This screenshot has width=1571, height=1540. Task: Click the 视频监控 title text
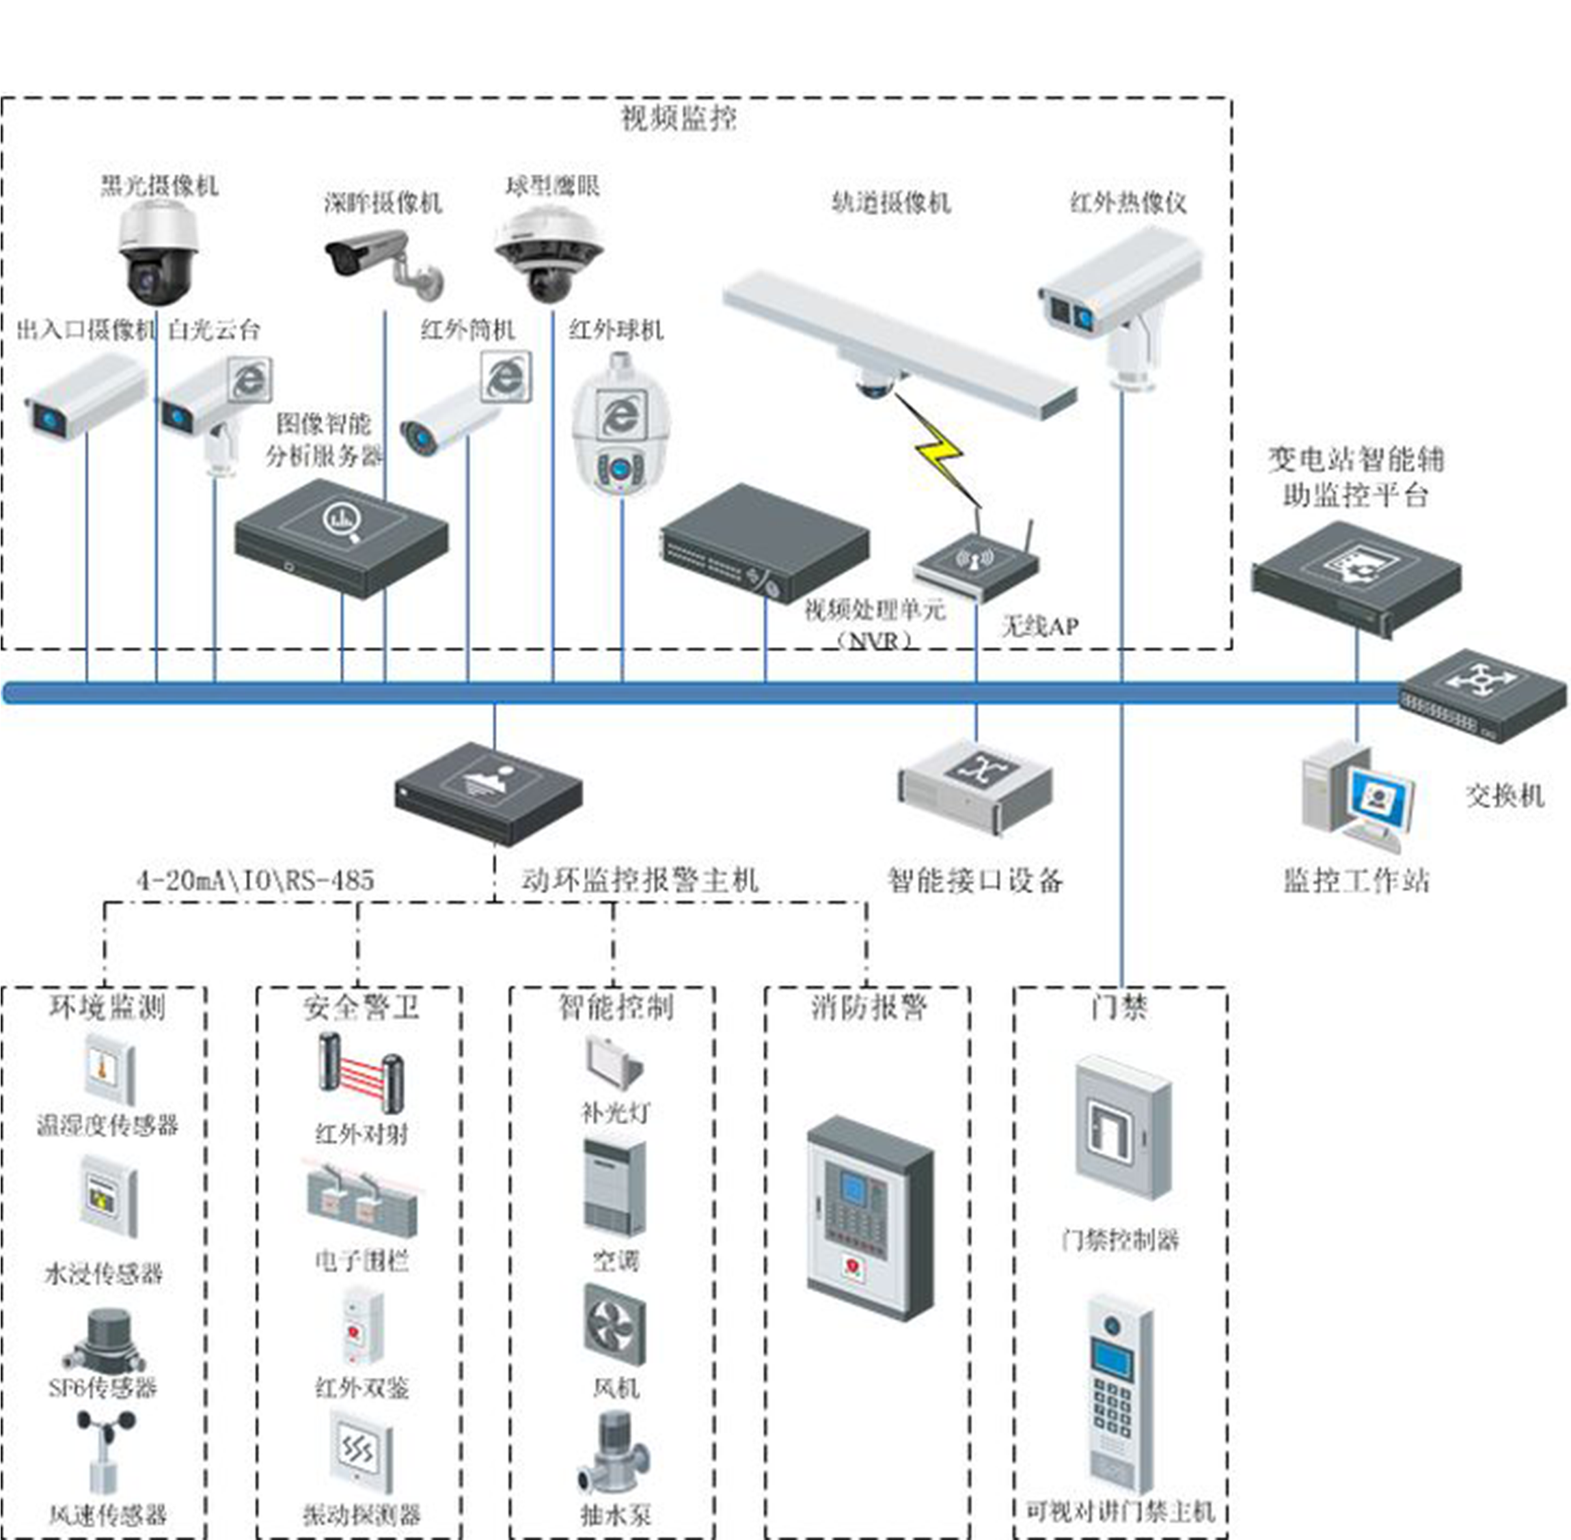(679, 119)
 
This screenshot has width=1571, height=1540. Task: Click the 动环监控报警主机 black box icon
(489, 795)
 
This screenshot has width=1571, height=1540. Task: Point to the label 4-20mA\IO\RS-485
(256, 880)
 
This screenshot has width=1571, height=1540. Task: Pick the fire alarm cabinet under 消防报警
(870, 1218)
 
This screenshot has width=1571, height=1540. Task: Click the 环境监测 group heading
(107, 1008)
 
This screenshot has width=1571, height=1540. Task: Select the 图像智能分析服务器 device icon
(342, 537)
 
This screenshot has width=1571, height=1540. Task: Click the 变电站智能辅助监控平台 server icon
(1356, 578)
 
